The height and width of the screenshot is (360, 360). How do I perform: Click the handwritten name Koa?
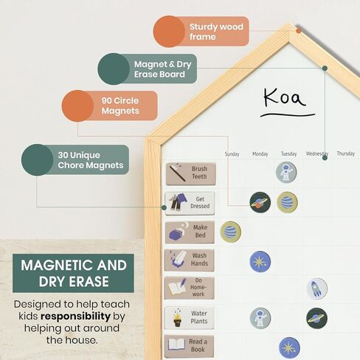(285, 98)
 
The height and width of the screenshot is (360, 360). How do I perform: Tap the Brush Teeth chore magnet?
(191, 174)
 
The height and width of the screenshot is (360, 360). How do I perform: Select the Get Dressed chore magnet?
(190, 204)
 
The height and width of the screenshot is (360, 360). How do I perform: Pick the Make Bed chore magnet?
(190, 232)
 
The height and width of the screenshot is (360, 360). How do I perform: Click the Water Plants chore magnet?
(189, 318)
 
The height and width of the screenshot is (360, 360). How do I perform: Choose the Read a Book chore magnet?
(189, 346)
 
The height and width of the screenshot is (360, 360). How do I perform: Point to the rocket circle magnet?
(317, 288)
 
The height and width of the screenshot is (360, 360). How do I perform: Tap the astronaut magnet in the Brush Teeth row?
(286, 172)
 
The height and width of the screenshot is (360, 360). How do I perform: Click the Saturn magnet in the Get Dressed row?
(260, 202)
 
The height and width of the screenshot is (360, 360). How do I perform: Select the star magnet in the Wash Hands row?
(260, 261)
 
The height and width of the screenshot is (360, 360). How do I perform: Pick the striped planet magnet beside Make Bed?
(230, 232)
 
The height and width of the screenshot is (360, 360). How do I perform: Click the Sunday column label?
(232, 154)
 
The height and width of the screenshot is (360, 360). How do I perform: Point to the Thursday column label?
(346, 153)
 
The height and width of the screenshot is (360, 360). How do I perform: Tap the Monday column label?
(260, 154)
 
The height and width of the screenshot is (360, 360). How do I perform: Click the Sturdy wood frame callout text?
(216, 32)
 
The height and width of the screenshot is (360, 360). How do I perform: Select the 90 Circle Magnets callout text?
(120, 105)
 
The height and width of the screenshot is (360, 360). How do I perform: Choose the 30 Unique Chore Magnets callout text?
(91, 160)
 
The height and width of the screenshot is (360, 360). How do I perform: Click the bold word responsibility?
(75, 316)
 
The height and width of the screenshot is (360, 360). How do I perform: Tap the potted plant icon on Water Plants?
(179, 318)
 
